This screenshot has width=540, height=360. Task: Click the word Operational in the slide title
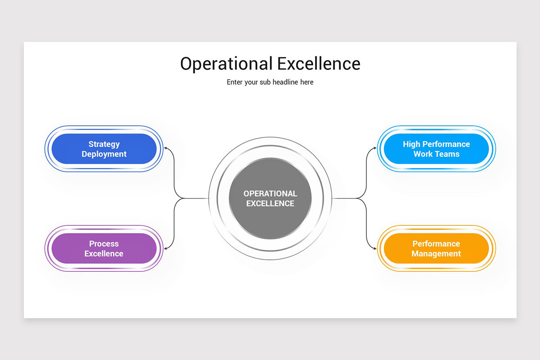click(x=226, y=64)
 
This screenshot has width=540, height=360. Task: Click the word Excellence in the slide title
click(x=319, y=63)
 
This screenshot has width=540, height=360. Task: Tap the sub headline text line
click(x=270, y=82)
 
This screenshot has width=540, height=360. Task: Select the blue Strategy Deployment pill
click(x=104, y=149)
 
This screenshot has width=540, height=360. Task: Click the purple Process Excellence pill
click(x=104, y=248)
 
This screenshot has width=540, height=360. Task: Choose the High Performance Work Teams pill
click(x=436, y=149)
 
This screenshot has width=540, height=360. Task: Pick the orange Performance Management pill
click(x=436, y=248)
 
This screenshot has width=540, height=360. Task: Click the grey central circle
click(x=270, y=198)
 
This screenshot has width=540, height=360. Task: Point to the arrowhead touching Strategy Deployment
click(x=166, y=148)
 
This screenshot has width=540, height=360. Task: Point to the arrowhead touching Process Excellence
click(x=166, y=248)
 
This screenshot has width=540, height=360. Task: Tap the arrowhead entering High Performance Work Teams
click(x=375, y=148)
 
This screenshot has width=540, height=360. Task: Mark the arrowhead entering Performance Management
click(x=375, y=248)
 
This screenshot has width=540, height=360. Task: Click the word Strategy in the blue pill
click(x=104, y=144)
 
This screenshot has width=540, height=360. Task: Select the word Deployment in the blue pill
click(x=104, y=154)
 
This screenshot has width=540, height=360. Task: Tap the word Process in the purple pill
click(x=104, y=243)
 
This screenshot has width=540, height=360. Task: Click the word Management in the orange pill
click(x=436, y=254)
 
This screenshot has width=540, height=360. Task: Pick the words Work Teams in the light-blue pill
click(x=436, y=154)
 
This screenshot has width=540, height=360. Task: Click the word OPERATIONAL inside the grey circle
click(x=270, y=193)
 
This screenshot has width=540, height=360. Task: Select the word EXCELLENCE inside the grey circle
click(x=270, y=203)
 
